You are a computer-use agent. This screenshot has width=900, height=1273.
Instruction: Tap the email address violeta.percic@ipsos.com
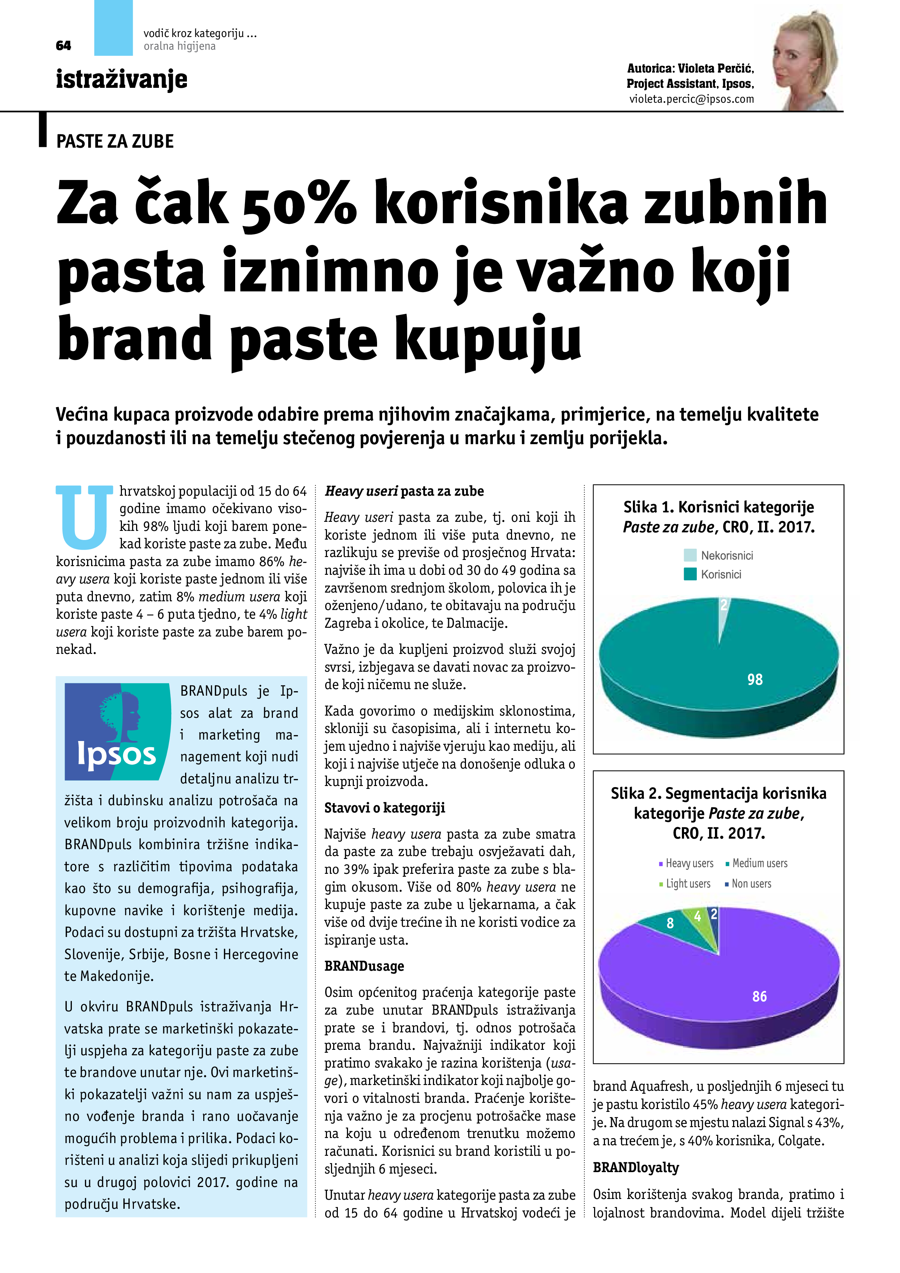tap(691, 99)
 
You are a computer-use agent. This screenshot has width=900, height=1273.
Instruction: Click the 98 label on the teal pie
tap(755, 680)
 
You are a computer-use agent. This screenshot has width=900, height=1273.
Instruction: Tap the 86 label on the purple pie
tap(759, 996)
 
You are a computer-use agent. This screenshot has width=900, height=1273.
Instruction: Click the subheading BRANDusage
tap(364, 966)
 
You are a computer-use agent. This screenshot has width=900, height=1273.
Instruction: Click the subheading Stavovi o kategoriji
tap(384, 808)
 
